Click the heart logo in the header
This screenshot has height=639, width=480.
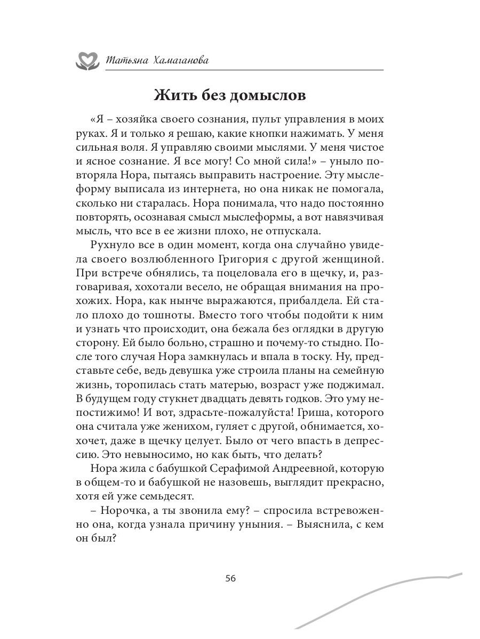pyautogui.click(x=86, y=60)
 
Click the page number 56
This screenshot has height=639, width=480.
pyautogui.click(x=231, y=579)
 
